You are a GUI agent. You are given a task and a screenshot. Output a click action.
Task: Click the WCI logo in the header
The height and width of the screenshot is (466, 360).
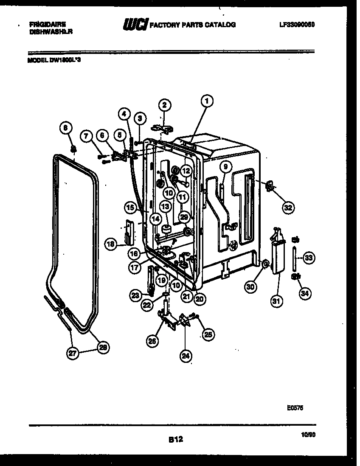click(x=135, y=25)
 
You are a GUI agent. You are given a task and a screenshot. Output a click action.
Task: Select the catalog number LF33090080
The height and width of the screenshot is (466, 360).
click(x=297, y=25)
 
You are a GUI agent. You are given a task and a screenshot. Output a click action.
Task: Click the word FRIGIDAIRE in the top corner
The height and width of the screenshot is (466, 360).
click(x=45, y=24)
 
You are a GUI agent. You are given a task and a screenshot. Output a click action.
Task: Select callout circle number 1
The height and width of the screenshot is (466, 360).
click(x=207, y=101)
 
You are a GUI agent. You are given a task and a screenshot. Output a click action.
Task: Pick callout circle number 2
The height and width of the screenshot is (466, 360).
click(x=165, y=104)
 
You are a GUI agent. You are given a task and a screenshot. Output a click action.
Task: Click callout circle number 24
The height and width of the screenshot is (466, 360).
click(x=185, y=356)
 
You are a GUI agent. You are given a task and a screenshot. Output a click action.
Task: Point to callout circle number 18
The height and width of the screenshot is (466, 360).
click(x=111, y=244)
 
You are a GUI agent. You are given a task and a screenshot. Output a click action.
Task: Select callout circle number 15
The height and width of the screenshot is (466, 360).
click(x=131, y=208)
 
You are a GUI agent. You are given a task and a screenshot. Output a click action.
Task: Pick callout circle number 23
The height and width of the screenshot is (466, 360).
click(x=135, y=295)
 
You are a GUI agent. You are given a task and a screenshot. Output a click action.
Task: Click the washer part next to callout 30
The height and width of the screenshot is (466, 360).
click(x=265, y=265)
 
